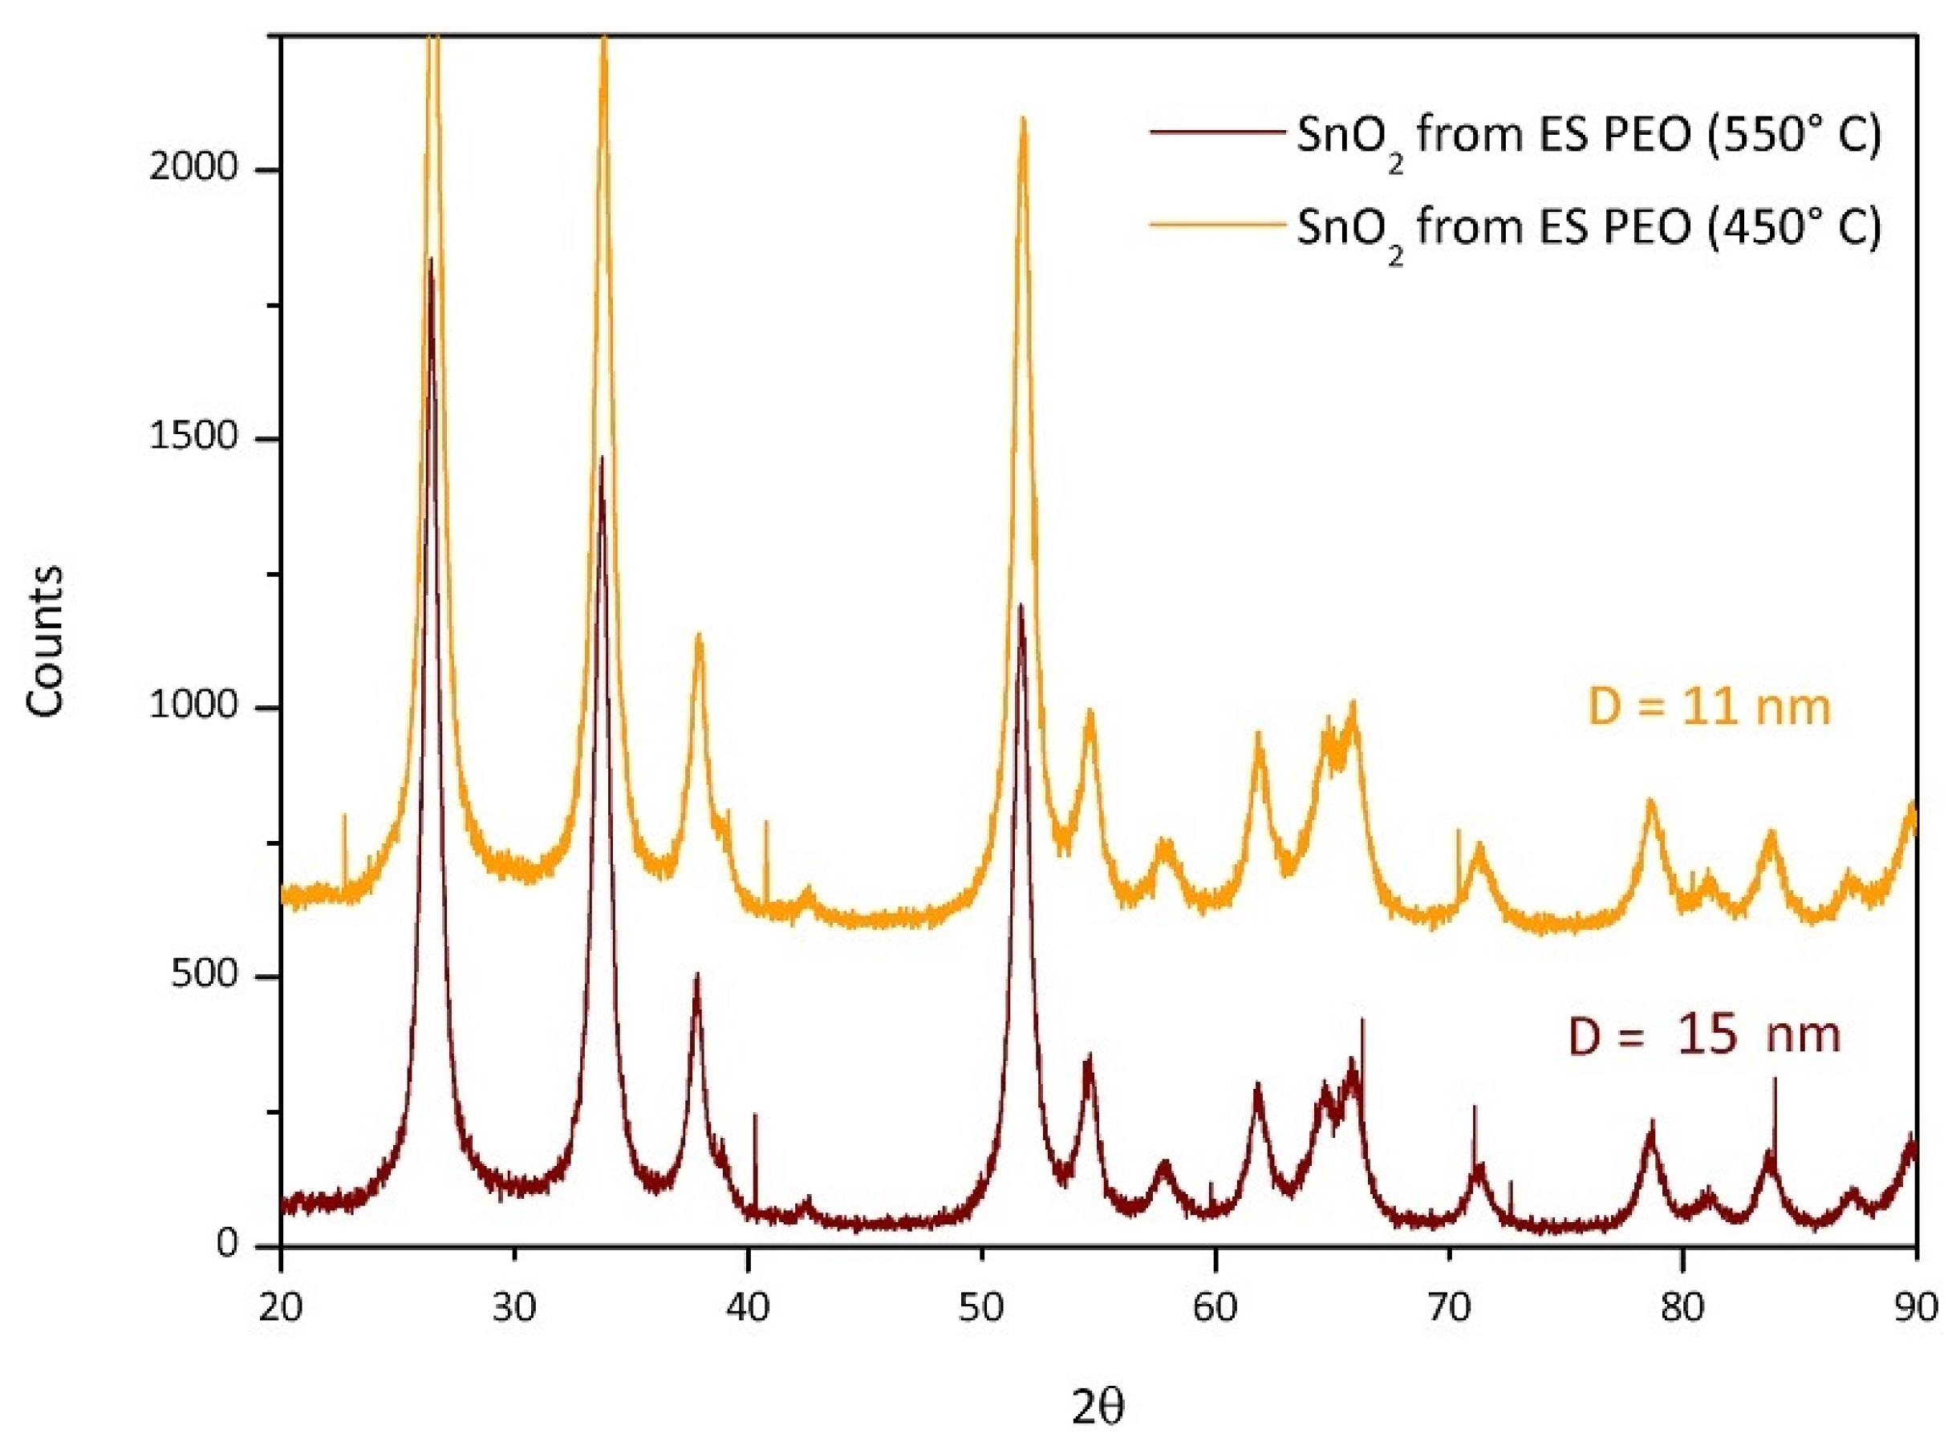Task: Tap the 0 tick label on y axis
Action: (x=228, y=1244)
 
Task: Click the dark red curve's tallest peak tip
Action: (x=430, y=259)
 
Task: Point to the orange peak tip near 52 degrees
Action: (x=1023, y=119)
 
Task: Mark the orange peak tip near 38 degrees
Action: (x=698, y=635)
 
